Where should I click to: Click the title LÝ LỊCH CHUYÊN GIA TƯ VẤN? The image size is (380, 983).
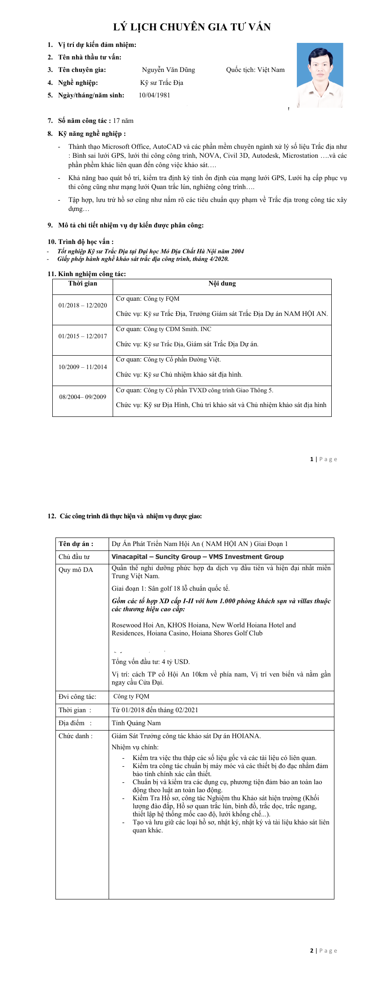pyautogui.click(x=192, y=27)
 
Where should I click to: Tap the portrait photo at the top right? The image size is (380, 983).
pyautogui.click(x=320, y=75)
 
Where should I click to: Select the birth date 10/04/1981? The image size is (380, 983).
pyautogui.click(x=154, y=95)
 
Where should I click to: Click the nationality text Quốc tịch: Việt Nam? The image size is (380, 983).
pyautogui.click(x=255, y=70)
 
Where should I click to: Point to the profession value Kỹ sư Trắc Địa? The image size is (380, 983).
pyautogui.click(x=161, y=83)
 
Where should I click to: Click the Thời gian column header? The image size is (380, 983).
pyautogui.click(x=83, y=284)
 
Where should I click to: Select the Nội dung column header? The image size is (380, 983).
pyautogui.click(x=222, y=284)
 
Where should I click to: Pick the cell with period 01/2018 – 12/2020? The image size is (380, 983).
pyautogui.click(x=83, y=306)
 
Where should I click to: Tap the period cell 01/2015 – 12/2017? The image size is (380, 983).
pyautogui.click(x=83, y=336)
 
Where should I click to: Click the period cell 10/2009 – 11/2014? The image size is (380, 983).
pyautogui.click(x=83, y=367)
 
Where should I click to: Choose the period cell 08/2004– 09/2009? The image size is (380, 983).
pyautogui.click(x=83, y=397)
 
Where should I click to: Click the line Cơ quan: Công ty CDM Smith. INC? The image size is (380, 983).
pyautogui.click(x=164, y=329)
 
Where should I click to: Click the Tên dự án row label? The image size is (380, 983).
pyautogui.click(x=76, y=544)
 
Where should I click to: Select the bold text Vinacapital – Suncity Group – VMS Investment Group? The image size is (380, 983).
pyautogui.click(x=198, y=557)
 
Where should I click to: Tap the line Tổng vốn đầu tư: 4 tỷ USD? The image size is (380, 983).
pyautogui.click(x=151, y=662)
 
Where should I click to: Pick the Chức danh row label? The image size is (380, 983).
pyautogui.click(x=76, y=736)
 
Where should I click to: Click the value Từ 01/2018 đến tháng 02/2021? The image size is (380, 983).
pyautogui.click(x=155, y=710)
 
